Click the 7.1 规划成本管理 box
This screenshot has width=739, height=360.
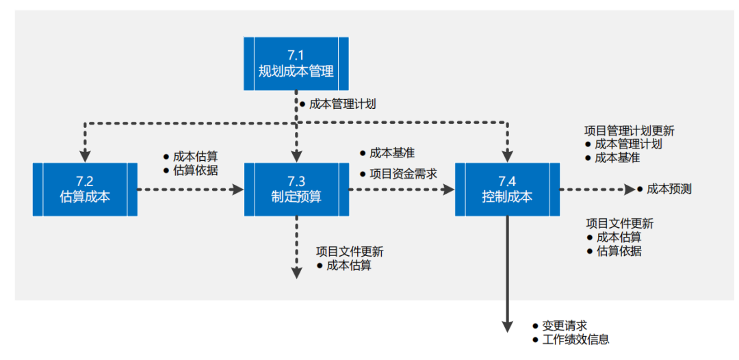pos(296,64)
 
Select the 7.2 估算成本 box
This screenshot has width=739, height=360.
pos(85,189)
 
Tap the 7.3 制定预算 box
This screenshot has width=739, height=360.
pos(296,189)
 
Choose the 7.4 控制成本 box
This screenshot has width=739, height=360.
pos(507,189)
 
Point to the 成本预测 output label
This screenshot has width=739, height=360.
pos(669,189)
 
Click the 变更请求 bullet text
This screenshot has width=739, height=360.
pos(565,326)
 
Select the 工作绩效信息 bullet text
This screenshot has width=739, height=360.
pos(575,339)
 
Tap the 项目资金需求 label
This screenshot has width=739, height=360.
pos(403,174)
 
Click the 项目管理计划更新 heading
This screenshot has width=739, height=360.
pos(629,131)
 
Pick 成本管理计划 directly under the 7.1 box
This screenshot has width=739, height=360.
pos(342,104)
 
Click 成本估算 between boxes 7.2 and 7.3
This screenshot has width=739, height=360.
pos(195,157)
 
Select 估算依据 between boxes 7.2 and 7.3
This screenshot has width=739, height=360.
pos(195,170)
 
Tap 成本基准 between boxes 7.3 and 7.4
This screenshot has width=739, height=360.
pos(392,153)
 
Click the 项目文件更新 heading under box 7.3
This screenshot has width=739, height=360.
pos(350,251)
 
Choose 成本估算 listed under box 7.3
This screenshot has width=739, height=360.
pos(349,266)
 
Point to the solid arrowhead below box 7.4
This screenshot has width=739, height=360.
pos(507,326)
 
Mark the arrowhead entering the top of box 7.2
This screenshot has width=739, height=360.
pos(85,155)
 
